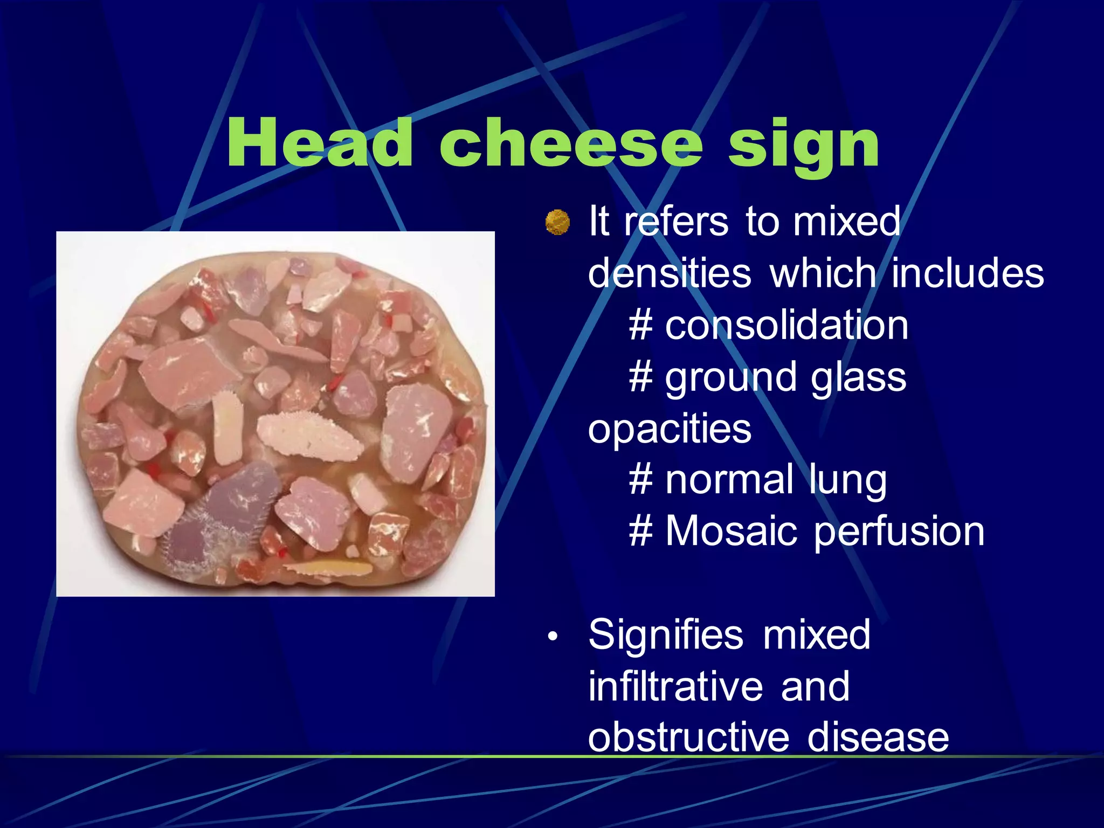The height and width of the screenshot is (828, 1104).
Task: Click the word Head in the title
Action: pos(320,143)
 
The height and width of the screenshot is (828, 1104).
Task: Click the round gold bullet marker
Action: pos(557,222)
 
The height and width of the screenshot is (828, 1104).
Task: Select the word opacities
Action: pos(670,429)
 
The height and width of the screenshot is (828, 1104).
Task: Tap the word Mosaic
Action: pos(730,532)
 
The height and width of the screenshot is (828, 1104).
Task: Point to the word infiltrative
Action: pos(675,687)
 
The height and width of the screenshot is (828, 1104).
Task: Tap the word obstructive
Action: pos(688,737)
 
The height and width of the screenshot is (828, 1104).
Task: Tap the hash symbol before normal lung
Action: pos(641,480)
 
